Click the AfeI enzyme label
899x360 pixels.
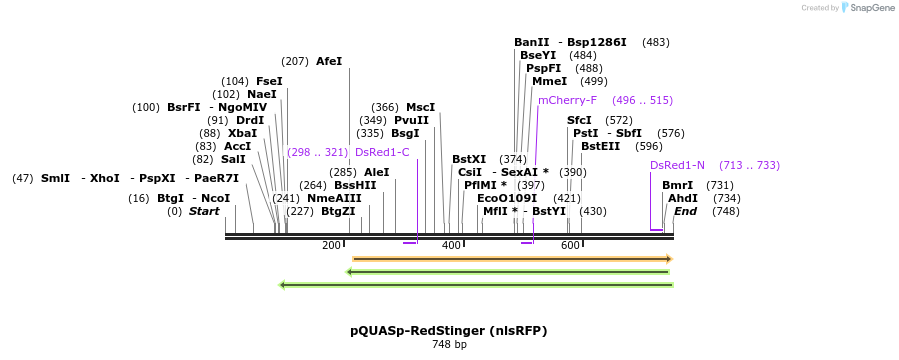pos(328,61)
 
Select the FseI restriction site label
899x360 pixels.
pos(269,81)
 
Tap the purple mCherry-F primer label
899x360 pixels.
pos(567,100)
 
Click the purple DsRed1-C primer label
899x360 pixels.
pos(382,152)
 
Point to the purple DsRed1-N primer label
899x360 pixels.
pos(677,165)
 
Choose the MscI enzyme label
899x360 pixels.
pos(420,107)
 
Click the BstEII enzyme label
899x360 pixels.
pos(600,146)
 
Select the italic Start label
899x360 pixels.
pos(204,211)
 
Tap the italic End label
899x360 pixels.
pos(685,211)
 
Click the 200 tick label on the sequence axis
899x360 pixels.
pos(331,246)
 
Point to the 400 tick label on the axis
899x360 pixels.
pos(451,246)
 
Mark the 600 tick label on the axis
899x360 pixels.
pos(570,246)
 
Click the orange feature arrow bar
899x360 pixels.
pos(512,259)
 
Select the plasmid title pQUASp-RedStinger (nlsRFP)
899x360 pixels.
pos(449,330)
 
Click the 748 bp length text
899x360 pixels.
pos(449,345)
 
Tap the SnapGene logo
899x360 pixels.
pos(868,7)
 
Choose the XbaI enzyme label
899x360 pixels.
pos(242,133)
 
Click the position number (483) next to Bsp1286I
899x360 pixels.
pos(656,42)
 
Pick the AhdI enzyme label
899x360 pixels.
pos(683,198)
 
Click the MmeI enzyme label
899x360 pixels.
pos(549,81)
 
